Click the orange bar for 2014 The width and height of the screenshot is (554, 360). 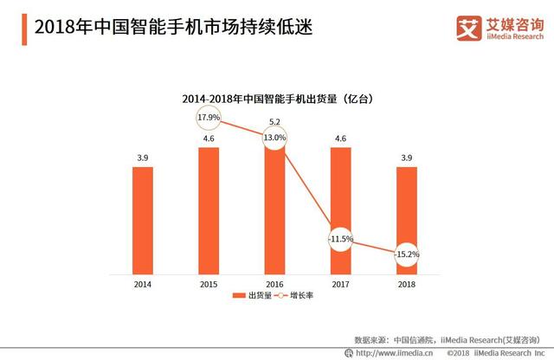point(143,221)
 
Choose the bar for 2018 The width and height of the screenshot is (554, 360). point(407,221)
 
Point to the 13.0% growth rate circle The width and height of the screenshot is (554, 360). point(274,138)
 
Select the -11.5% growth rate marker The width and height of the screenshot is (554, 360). point(341,237)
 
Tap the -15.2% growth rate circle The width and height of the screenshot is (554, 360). point(407,254)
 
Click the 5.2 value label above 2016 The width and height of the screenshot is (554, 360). point(274,121)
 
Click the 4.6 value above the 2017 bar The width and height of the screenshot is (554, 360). point(341,138)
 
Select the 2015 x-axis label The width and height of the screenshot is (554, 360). point(209,283)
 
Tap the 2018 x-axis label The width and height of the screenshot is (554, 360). point(407,283)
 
